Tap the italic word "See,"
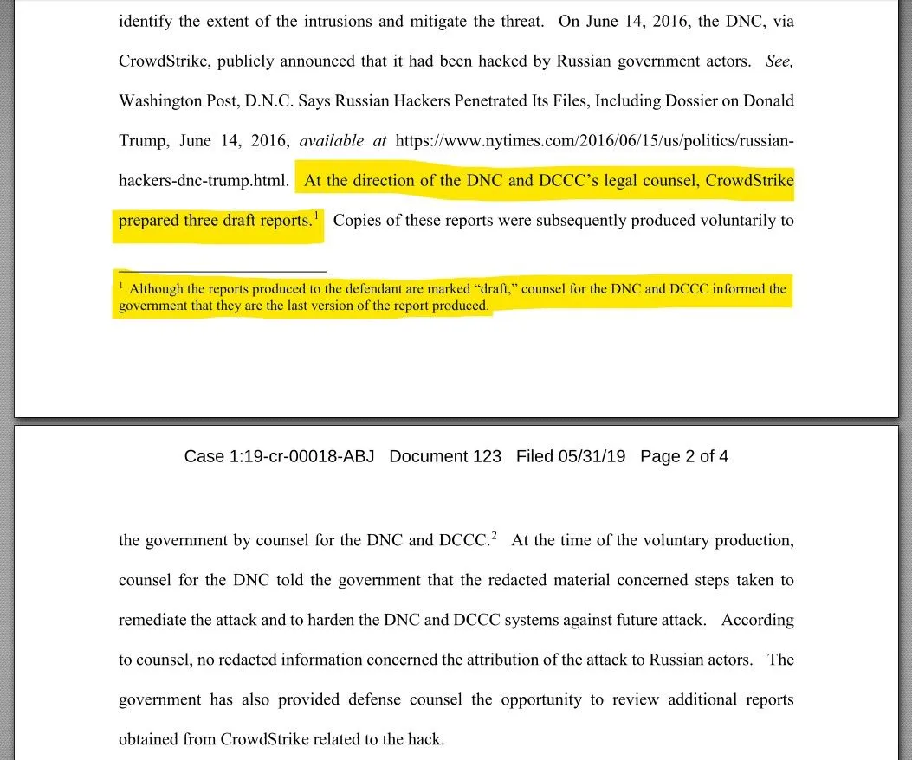click(x=779, y=61)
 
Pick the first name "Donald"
click(x=766, y=101)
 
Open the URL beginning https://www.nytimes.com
click(x=594, y=141)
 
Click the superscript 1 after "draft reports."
click(x=317, y=215)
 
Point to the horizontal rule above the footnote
click(x=223, y=271)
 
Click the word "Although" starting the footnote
click(x=156, y=289)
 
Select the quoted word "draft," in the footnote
click(x=495, y=289)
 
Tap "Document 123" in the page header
click(x=445, y=456)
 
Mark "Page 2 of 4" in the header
click(x=684, y=456)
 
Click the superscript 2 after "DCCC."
click(x=495, y=535)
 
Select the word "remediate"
click(x=155, y=621)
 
